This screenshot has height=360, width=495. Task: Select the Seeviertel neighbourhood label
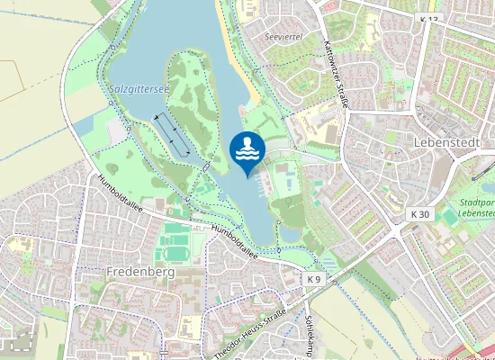coord(284,38)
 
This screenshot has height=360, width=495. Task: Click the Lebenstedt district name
coord(444,143)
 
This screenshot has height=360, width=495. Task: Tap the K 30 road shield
coord(419,214)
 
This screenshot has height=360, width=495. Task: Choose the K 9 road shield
coord(313,280)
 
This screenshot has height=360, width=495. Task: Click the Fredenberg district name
coord(139,270)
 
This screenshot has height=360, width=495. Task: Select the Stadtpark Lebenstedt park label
coord(474,209)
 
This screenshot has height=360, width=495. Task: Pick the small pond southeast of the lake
coord(290,235)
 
